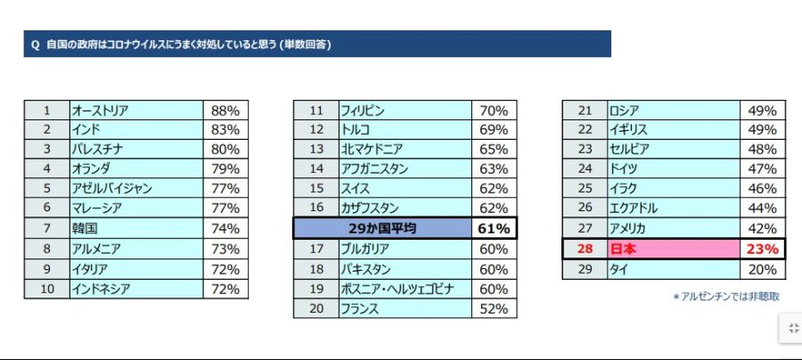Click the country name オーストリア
point(100,111)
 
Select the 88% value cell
point(225,111)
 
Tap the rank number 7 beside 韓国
point(46,229)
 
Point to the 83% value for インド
point(225,131)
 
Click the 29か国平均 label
point(382,229)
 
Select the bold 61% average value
point(493,229)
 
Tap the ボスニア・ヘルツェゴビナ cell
point(397,289)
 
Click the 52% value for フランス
point(493,308)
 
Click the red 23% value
point(762,249)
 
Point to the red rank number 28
point(585,249)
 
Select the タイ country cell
point(618,269)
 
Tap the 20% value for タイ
point(762,269)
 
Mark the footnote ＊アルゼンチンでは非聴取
point(725,297)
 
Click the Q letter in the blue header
point(35,45)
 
